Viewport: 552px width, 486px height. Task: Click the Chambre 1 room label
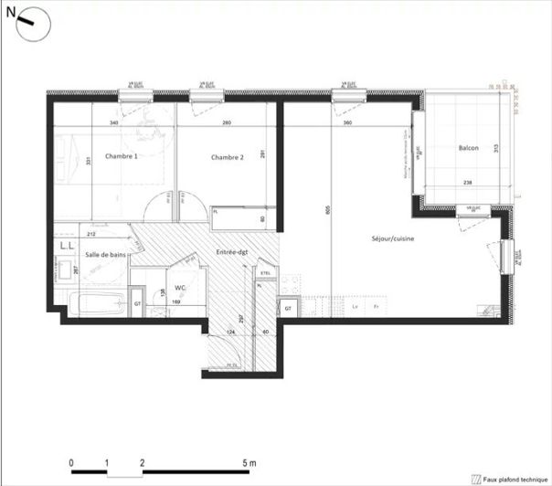click(x=122, y=156)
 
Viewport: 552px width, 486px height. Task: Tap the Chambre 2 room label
click(x=228, y=157)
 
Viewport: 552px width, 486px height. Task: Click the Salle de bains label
click(x=105, y=256)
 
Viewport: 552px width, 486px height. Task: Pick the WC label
click(x=180, y=287)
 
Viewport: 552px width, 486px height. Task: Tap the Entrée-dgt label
click(x=233, y=251)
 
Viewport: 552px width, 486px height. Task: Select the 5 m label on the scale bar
click(x=249, y=463)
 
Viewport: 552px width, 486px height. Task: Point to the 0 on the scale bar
click(x=72, y=463)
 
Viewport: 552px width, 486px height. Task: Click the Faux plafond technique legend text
click(x=515, y=478)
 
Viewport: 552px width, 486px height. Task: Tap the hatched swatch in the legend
click(x=475, y=478)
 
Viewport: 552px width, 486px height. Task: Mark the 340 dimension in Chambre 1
click(x=114, y=122)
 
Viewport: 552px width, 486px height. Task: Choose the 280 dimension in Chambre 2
click(x=226, y=122)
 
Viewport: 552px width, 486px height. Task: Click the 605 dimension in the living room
click(x=326, y=211)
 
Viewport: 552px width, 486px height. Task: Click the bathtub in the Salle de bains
click(x=96, y=302)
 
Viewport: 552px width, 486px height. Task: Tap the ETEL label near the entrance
click(x=266, y=272)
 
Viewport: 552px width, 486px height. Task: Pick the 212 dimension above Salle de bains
click(x=91, y=234)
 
